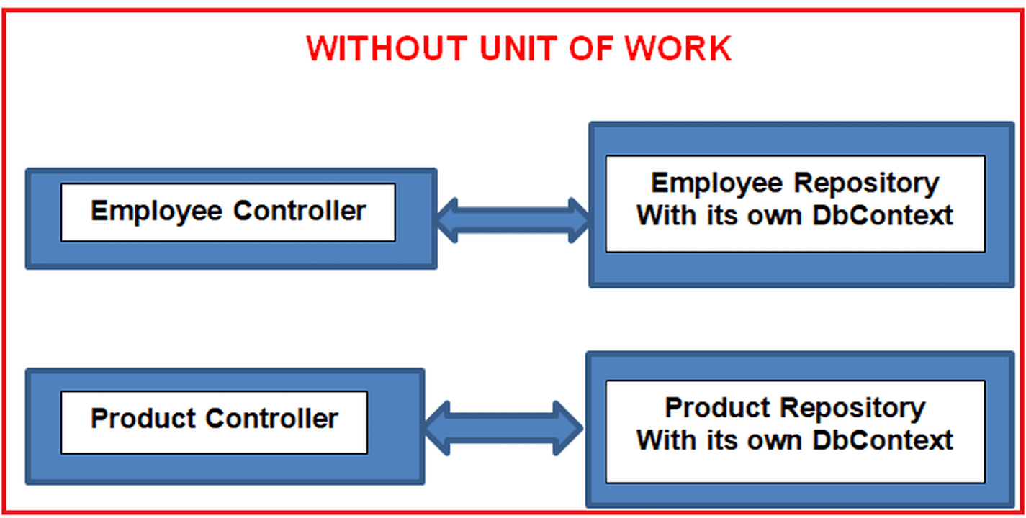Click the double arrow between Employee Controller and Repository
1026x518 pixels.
click(513, 219)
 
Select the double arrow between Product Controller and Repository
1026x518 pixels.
click(503, 427)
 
